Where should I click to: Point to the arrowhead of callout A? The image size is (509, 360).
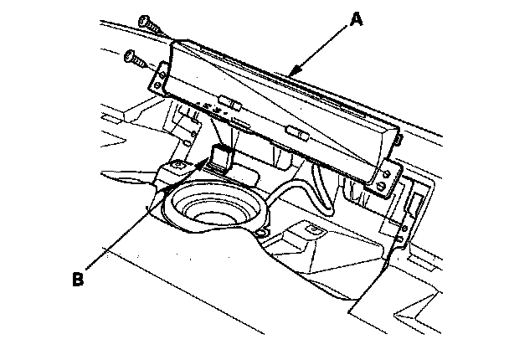point(289,76)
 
